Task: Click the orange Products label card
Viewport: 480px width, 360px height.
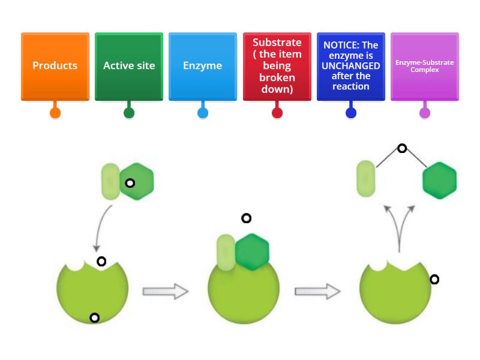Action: coord(55,66)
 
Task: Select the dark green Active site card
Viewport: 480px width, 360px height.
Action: coord(129,66)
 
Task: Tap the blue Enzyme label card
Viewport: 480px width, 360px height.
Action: coord(203,66)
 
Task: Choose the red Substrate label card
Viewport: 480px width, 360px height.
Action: coord(277,66)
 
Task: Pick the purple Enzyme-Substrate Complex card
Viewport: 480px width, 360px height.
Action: coord(425,66)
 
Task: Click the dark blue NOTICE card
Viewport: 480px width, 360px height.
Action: coord(351,66)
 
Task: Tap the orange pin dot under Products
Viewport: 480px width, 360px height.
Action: coord(55,113)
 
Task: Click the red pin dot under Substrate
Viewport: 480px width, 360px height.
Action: coord(277,113)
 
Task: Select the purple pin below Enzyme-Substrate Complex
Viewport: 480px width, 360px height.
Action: coord(425,113)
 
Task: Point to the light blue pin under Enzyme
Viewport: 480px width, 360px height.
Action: coord(203,113)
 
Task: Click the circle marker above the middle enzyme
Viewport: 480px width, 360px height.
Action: coord(246,218)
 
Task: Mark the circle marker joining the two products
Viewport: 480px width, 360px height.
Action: coord(403,148)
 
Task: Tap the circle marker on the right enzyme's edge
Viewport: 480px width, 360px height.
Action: coord(434,280)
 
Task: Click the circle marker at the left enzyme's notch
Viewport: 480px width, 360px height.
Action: coord(101,262)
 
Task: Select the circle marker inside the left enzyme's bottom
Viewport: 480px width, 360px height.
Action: coord(94,318)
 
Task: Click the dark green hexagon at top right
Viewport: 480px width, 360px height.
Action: coord(440,180)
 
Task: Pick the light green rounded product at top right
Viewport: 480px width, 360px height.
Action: coord(366,179)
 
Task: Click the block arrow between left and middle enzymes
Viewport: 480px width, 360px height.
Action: coord(166,292)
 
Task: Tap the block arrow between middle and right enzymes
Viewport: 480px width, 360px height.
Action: coord(317,292)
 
